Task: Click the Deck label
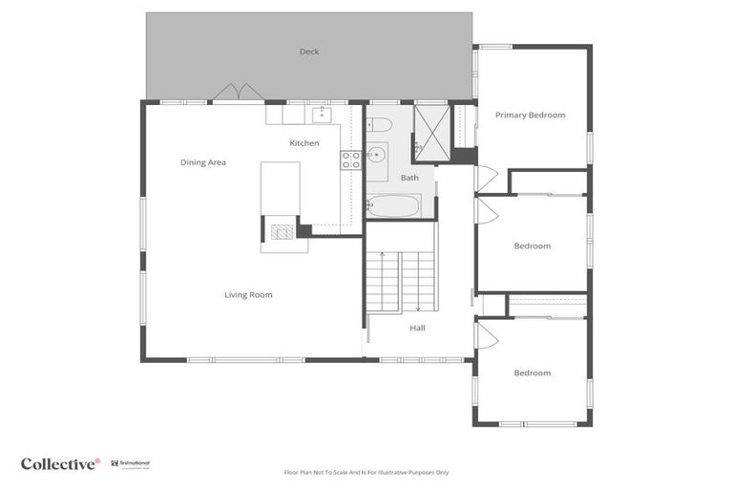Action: pyautogui.click(x=308, y=52)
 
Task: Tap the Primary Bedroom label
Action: pyautogui.click(x=530, y=116)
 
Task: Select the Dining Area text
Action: pyautogui.click(x=203, y=162)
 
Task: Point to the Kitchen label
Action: pyautogui.click(x=304, y=143)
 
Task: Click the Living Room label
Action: pyautogui.click(x=248, y=295)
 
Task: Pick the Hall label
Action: pyautogui.click(x=418, y=328)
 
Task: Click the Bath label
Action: pyautogui.click(x=409, y=178)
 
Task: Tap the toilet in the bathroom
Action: pyautogui.click(x=379, y=124)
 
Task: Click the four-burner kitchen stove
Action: pyautogui.click(x=350, y=159)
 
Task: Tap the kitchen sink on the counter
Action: pyautogui.click(x=321, y=115)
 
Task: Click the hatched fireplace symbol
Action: pyautogui.click(x=281, y=231)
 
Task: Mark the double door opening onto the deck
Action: pyautogui.click(x=238, y=93)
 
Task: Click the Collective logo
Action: pyautogui.click(x=60, y=464)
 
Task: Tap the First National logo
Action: pyautogui.click(x=130, y=464)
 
